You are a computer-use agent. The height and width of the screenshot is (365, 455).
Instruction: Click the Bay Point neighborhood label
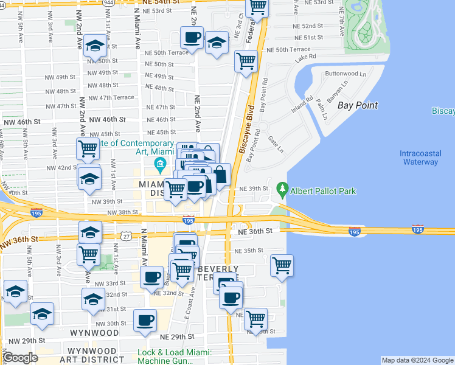click(358, 105)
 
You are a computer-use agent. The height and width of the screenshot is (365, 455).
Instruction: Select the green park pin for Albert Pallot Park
click(282, 190)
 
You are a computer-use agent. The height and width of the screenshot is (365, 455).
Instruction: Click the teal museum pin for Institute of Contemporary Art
click(160, 164)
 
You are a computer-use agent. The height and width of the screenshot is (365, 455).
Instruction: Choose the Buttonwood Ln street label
click(346, 74)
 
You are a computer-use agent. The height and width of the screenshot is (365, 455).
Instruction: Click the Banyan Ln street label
click(336, 92)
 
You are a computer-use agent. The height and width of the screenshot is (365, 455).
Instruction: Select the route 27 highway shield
click(126, 236)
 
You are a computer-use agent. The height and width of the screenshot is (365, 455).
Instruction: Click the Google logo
click(20, 358)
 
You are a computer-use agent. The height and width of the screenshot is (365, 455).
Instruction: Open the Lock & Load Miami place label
click(174, 356)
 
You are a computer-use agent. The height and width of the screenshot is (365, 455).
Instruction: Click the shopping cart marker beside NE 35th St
click(282, 265)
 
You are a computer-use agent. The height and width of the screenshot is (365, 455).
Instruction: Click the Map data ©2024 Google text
click(417, 360)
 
